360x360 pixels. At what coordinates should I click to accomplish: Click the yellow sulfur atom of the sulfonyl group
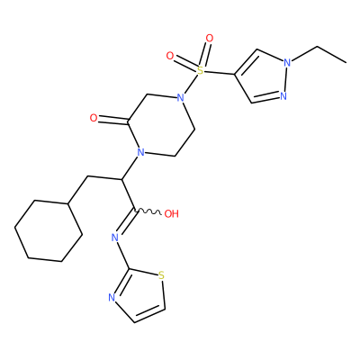click(x=200, y=71)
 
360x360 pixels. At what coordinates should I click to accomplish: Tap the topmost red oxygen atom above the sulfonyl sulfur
click(x=210, y=39)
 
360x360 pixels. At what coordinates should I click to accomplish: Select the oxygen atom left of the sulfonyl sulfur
click(x=170, y=56)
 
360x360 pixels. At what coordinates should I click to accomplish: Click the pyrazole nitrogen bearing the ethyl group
click(x=287, y=63)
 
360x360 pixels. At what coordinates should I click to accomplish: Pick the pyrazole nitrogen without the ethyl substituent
click(x=283, y=96)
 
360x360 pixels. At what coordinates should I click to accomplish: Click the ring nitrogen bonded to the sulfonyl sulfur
click(x=180, y=98)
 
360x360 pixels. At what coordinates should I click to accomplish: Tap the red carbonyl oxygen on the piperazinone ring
click(x=94, y=118)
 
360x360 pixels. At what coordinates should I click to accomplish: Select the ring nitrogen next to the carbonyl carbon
click(x=140, y=152)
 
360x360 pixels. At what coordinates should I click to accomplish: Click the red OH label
click(x=172, y=214)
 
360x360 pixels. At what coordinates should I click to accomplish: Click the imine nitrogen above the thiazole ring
click(x=114, y=238)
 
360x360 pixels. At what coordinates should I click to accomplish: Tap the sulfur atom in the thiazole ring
click(x=162, y=275)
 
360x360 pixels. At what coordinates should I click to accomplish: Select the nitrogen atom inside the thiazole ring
click(x=112, y=298)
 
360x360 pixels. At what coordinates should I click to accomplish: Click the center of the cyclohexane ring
click(x=49, y=230)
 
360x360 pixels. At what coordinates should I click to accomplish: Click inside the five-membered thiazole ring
click(x=139, y=294)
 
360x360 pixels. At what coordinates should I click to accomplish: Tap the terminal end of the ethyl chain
click(x=346, y=63)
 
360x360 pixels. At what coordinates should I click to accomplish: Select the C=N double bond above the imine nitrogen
click(x=126, y=222)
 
